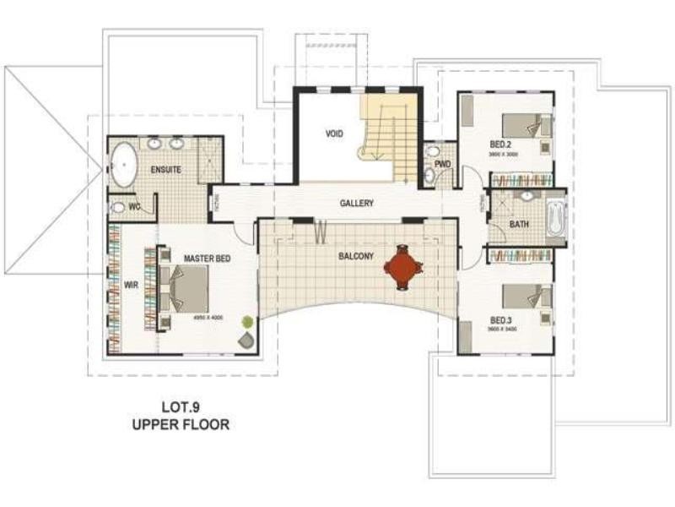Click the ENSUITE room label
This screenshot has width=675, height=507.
[x=166, y=170]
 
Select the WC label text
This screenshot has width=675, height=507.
[x=134, y=206]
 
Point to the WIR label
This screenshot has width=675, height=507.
[x=131, y=286]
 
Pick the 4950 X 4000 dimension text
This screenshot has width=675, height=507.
[x=206, y=318]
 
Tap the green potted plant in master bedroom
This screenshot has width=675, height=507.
[x=246, y=322]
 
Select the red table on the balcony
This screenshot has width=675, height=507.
[x=403, y=270]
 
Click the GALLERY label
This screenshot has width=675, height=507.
[x=356, y=204]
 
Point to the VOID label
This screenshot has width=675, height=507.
[x=335, y=134]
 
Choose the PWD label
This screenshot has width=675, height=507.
[x=442, y=164]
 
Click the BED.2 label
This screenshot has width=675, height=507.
[x=501, y=144]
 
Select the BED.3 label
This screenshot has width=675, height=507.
[x=501, y=321]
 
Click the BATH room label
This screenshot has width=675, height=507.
[x=519, y=225]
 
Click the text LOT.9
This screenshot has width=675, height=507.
[x=180, y=405]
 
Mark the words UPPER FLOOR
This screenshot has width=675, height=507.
[x=180, y=424]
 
